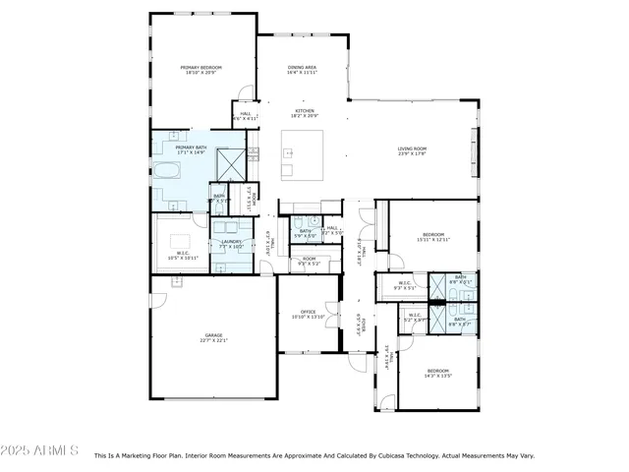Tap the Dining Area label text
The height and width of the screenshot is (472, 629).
coord(302,67)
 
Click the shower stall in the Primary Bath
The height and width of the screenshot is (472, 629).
coord(231,163)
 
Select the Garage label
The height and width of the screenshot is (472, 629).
coord(214,335)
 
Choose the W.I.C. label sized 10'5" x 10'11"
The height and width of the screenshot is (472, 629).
coord(182,255)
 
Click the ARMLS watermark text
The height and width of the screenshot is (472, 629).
coord(40,450)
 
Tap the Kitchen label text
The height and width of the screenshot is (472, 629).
coord(302,110)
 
